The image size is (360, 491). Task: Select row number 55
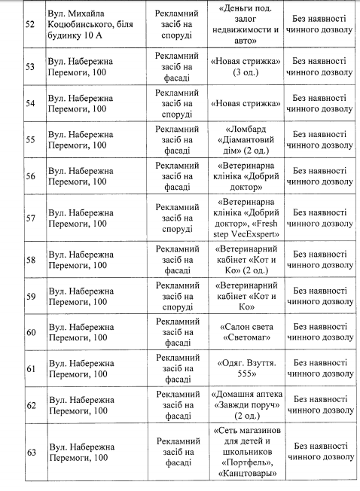tap(31, 139)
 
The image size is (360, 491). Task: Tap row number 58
tap(31, 260)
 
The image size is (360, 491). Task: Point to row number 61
tap(31, 370)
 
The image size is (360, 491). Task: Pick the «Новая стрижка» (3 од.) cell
tap(248, 66)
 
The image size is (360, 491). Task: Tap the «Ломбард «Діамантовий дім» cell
tap(248, 139)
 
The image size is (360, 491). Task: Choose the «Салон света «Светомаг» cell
tap(248, 332)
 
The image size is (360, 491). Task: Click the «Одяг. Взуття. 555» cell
tap(248, 369)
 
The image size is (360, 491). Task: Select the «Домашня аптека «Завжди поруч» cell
tap(248, 406)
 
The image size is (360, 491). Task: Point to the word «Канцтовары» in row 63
tap(248, 473)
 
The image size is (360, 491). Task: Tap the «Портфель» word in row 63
tap(248, 462)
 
